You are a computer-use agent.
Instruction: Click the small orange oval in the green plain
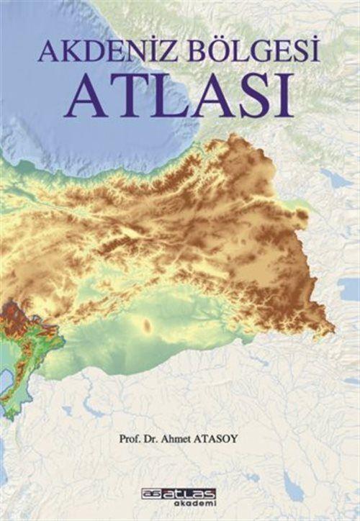149,325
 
